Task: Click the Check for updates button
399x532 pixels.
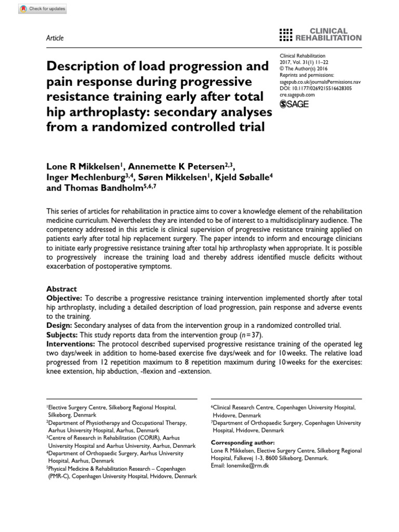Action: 35,9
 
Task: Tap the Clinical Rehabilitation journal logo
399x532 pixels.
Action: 321,34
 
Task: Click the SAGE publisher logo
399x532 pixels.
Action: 295,104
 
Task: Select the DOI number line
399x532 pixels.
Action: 315,88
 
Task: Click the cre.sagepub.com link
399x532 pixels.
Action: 297,95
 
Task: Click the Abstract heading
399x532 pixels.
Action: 61,289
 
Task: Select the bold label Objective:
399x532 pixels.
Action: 64,298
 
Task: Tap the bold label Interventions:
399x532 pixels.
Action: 71,344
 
